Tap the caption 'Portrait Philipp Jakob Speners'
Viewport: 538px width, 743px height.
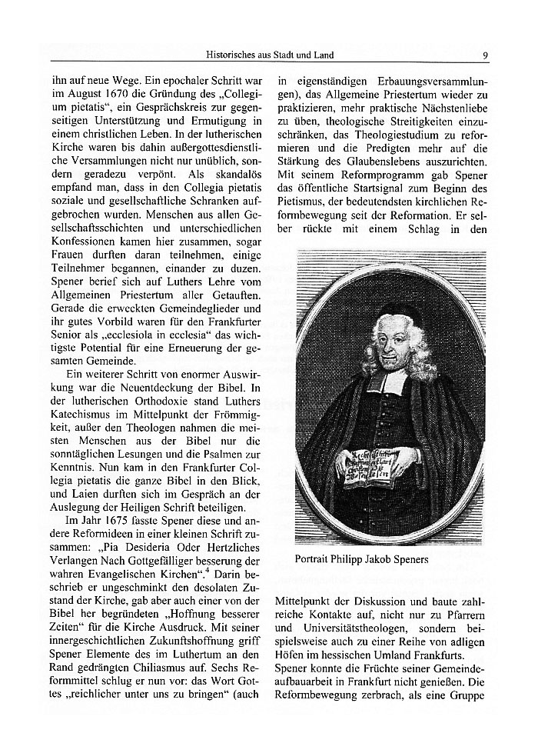click(x=361, y=559)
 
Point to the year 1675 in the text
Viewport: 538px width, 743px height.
click(x=108, y=520)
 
